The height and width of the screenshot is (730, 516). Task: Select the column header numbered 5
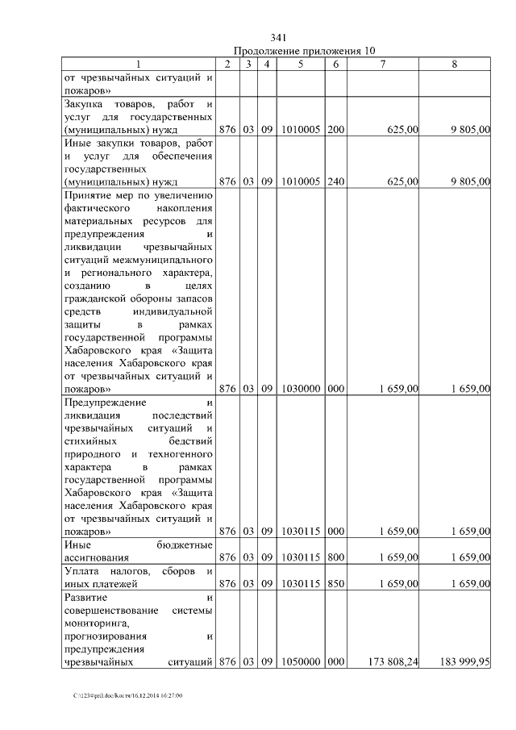[x=299, y=64]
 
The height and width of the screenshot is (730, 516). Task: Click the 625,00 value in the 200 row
[x=402, y=129]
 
